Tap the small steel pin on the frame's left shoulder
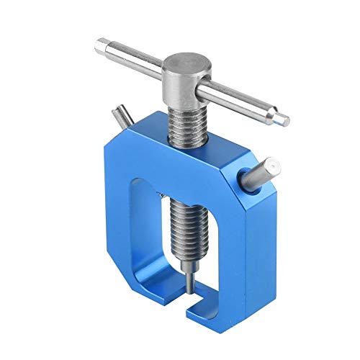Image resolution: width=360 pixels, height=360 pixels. point(118,114)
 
